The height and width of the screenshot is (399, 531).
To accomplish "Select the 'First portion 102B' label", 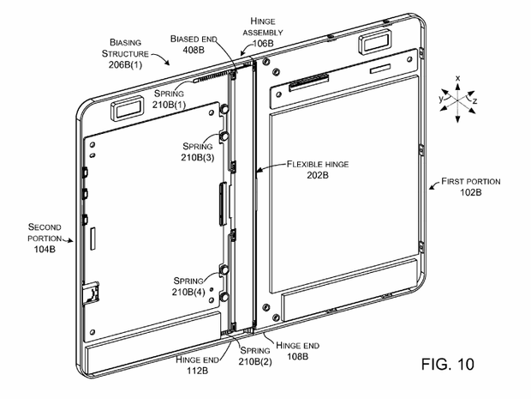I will pyautogui.click(x=470, y=187).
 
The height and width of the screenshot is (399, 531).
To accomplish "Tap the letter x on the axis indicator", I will pyautogui.click(x=458, y=78).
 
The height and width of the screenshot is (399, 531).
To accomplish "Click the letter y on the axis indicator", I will pyautogui.click(x=439, y=100).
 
